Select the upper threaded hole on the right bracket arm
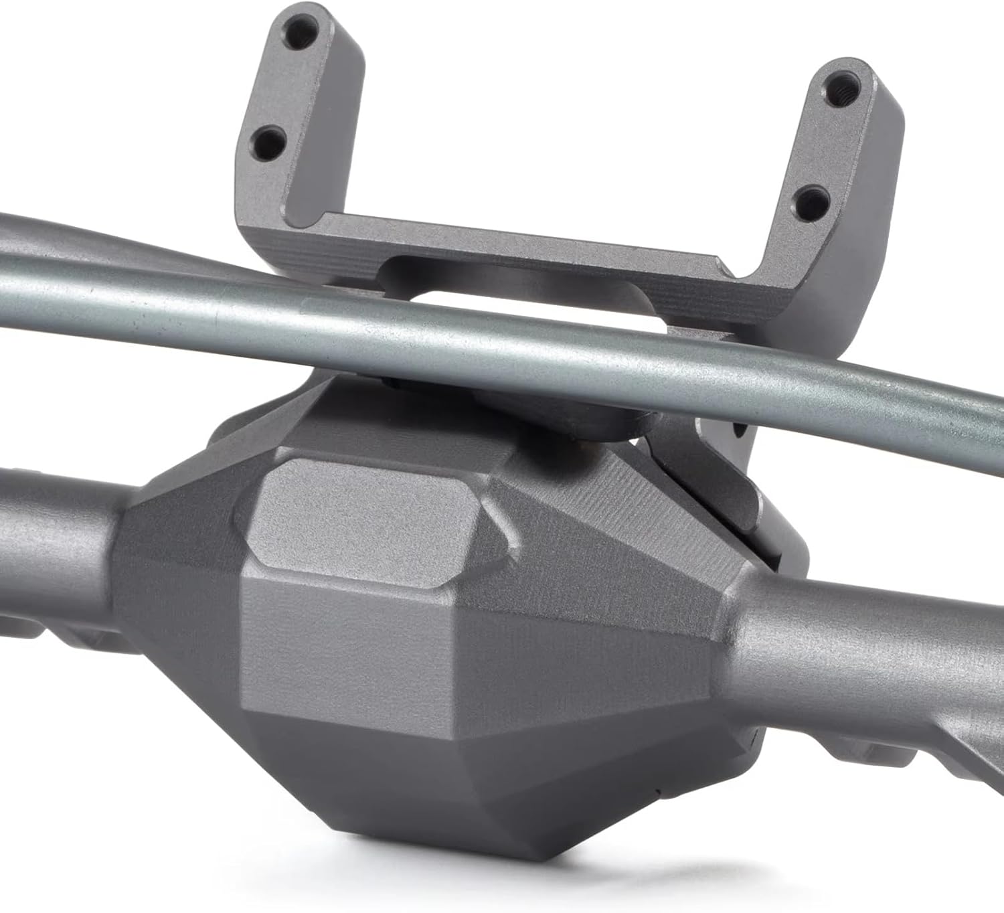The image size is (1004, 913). (x=840, y=86)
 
